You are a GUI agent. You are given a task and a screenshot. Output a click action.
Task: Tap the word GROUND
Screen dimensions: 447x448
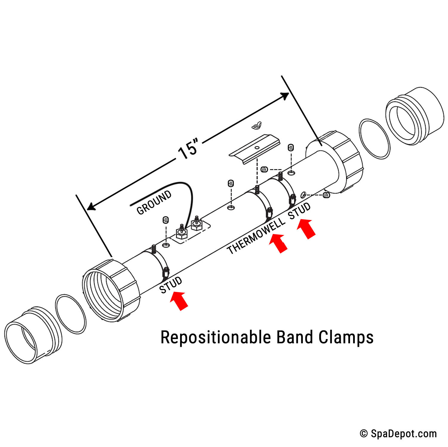(154, 202)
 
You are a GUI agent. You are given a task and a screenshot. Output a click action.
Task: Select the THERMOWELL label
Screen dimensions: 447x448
(256, 236)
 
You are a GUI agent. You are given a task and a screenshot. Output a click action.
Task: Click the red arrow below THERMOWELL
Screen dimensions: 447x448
(279, 243)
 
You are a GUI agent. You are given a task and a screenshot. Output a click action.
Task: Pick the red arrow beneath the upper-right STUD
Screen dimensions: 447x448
(306, 228)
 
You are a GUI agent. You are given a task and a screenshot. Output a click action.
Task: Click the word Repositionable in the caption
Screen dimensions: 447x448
(215, 338)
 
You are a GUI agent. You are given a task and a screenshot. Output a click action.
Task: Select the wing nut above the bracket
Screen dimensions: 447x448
(256, 126)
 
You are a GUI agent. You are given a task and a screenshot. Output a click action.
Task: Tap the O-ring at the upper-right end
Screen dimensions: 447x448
(375, 139)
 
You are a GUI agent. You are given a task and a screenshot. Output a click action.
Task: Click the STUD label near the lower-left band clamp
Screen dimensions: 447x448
(170, 285)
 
